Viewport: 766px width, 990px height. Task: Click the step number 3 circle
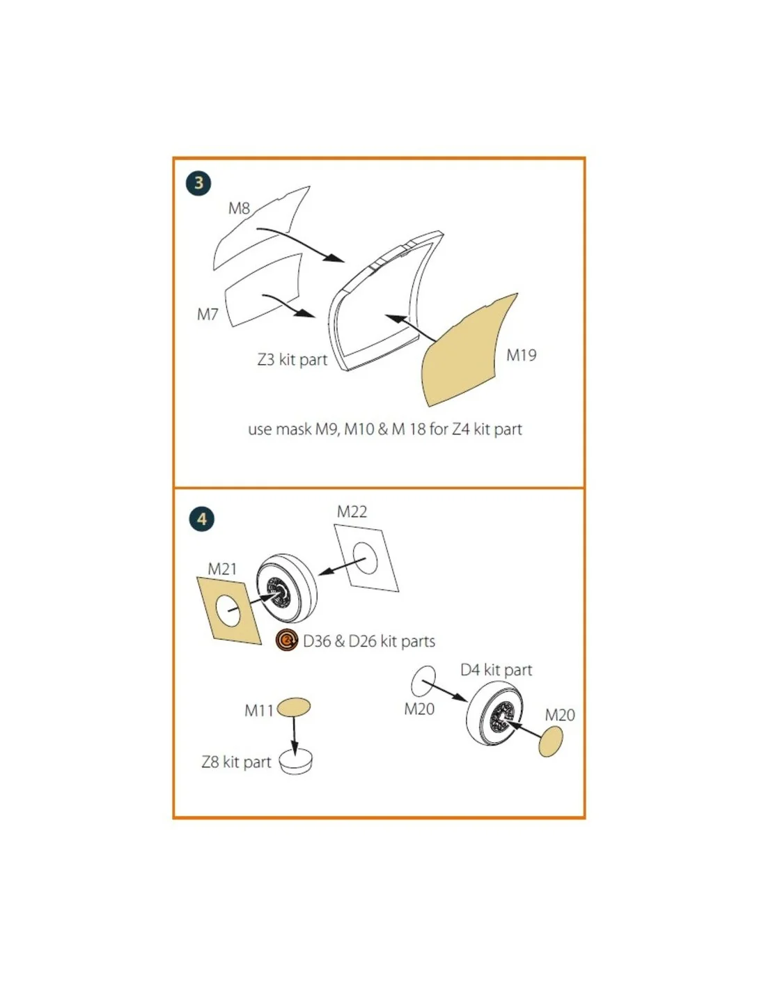pos(198,182)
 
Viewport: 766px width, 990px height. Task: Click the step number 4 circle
pos(202,519)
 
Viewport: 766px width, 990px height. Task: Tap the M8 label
pos(239,209)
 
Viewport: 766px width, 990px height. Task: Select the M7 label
pos(208,315)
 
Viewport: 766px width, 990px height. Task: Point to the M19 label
pos(522,355)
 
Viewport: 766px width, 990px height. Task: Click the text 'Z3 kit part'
pos(292,360)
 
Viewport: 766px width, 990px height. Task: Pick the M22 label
pos(352,512)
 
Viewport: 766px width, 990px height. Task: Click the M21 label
pos(222,569)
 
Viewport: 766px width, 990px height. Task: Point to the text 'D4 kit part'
pos(497,670)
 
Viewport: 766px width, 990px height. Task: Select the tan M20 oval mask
pos(550,741)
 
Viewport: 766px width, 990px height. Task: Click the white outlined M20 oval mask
pos(423,680)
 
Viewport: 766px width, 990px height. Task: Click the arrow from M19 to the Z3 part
pos(411,328)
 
